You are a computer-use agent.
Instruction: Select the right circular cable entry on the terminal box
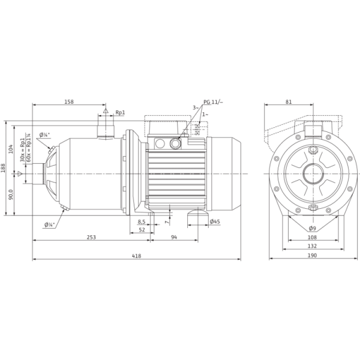pyautogui.click(x=175, y=143)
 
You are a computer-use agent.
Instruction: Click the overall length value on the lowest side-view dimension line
pyautogui.click(x=136, y=256)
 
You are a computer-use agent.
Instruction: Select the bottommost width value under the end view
pyautogui.click(x=311, y=256)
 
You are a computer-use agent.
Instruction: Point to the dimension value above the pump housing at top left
pyautogui.click(x=69, y=102)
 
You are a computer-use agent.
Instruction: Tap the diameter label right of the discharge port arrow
pyautogui.click(x=120, y=112)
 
